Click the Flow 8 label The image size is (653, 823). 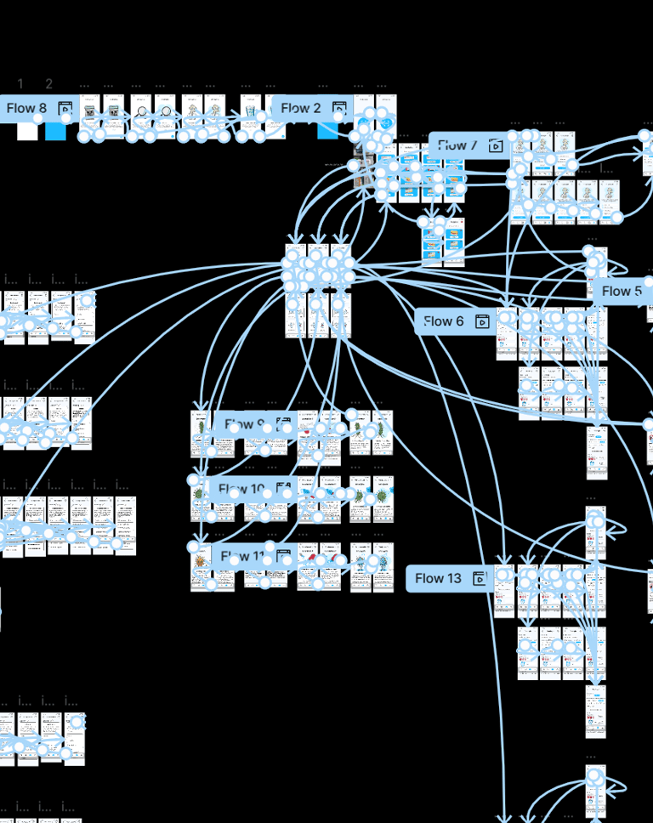26,109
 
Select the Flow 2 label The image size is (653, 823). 301,109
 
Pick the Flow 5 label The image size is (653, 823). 622,292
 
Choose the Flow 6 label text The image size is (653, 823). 444,321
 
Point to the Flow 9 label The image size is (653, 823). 240,423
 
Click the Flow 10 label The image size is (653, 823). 242,489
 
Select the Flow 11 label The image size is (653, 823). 242,557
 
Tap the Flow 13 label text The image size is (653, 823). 438,579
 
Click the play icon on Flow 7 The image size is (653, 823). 497,145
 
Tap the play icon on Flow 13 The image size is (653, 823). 480,579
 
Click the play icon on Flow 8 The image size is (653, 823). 65,109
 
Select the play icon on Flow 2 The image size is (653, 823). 339,109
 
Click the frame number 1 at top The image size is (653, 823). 21,84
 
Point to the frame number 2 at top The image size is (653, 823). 49,84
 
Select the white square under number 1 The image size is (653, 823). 27,132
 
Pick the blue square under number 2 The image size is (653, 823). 55,132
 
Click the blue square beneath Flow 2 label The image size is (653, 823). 327,130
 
